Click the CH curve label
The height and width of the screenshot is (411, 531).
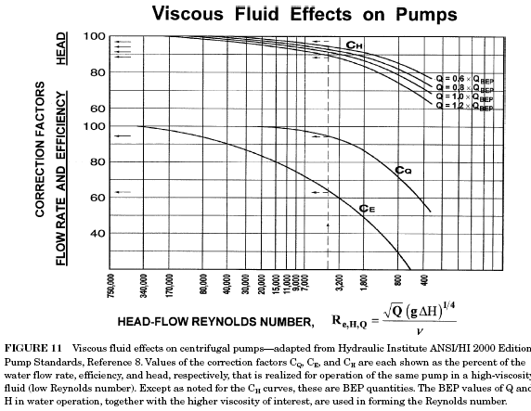click(x=355, y=45)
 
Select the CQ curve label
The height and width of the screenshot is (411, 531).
click(x=402, y=170)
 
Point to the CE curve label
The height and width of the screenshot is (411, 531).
click(x=368, y=208)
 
